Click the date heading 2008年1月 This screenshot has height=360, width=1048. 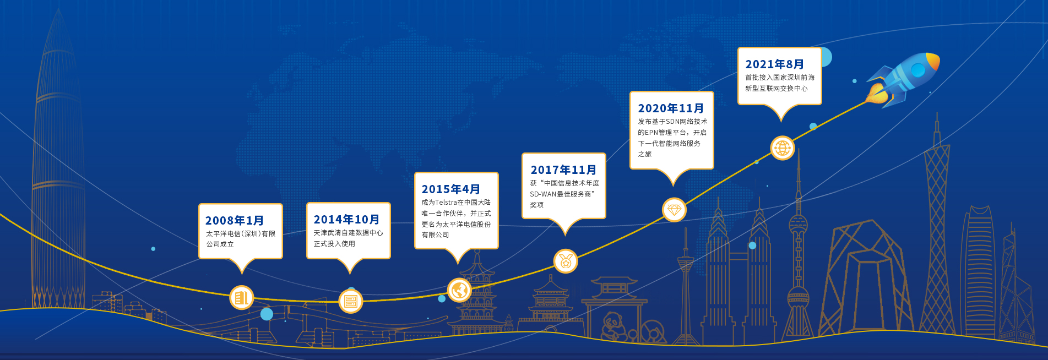235,221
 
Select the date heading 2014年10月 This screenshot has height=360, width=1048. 347,220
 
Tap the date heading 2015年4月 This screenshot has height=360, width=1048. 451,189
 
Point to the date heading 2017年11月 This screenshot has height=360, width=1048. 563,170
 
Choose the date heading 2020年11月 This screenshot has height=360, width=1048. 671,108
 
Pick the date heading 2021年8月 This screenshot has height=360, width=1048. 775,64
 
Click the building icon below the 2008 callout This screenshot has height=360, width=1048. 241,298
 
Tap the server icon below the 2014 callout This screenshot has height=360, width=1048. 350,301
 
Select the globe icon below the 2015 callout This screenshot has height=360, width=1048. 459,290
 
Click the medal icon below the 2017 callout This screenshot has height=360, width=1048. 566,261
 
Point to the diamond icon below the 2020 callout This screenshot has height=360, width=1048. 674,210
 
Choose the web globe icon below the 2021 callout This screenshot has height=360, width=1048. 782,148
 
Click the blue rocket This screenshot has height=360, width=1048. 903,78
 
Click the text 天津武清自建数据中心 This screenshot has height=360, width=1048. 348,233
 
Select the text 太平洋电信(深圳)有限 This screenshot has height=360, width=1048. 241,234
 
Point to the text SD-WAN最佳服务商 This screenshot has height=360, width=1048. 561,194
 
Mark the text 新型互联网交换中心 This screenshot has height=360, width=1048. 777,89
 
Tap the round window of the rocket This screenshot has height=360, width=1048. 917,70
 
